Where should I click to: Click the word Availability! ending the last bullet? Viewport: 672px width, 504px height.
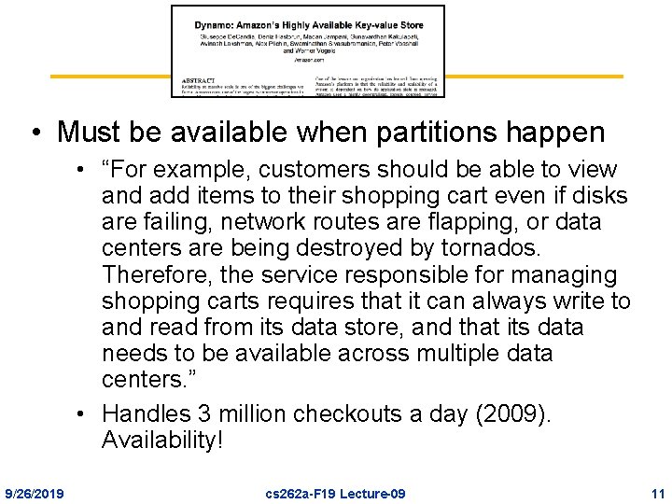[x=162, y=440]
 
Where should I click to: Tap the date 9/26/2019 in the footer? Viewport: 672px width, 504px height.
[x=35, y=492]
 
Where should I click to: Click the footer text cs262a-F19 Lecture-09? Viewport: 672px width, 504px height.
[x=335, y=492]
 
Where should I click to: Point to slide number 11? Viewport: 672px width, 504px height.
[x=657, y=492]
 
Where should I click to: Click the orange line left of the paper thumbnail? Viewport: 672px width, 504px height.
[x=110, y=77]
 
